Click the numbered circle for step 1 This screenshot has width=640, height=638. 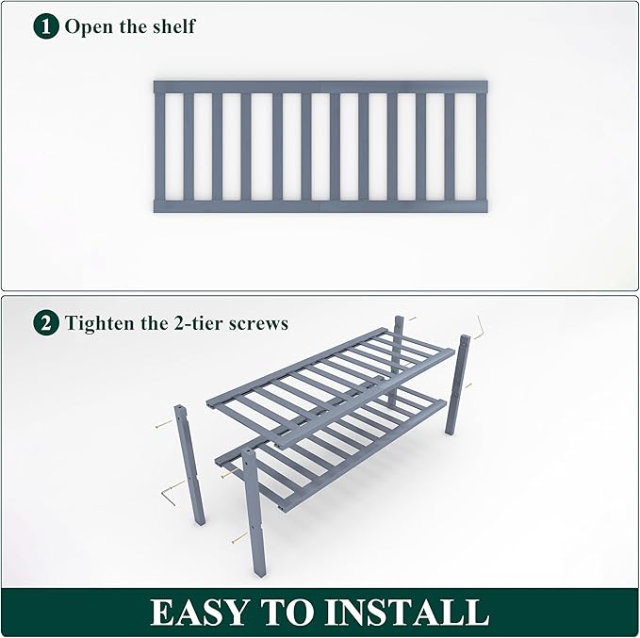click(46, 25)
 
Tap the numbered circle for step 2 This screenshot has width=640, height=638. click(46, 323)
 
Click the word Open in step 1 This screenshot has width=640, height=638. click(88, 25)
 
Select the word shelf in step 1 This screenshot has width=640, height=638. click(172, 25)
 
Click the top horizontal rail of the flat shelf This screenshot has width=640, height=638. click(320, 87)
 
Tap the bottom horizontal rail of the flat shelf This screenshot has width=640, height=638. click(320, 205)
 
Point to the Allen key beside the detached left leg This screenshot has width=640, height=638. click(170, 490)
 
